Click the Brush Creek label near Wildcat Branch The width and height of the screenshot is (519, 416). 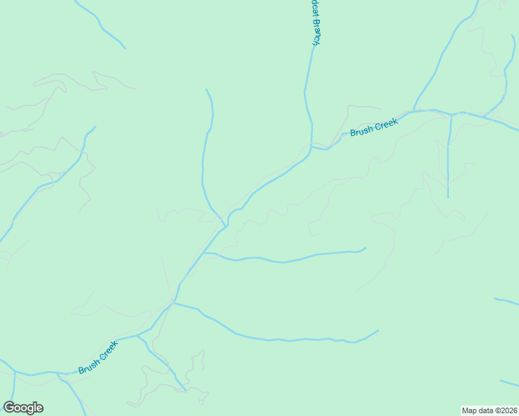tap(373, 128)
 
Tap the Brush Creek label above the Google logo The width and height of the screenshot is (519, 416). tap(98, 357)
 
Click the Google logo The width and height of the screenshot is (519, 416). tap(23, 408)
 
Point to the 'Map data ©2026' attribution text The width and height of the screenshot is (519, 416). tap(489, 410)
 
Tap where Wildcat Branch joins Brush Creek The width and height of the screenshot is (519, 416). tap(311, 146)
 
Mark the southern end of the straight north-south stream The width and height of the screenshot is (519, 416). tap(448, 198)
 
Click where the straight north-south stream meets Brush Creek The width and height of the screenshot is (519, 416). tap(451, 114)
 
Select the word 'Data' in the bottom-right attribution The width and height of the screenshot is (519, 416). tap(483, 410)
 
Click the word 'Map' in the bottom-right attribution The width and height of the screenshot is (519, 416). tap(470, 410)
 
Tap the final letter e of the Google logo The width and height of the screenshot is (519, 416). tap(39, 408)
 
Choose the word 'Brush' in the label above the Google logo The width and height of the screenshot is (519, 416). tap(90, 364)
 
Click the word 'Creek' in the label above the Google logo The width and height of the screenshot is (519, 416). tap(108, 349)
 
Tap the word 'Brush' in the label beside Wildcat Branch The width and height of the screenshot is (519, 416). tap(361, 130)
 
